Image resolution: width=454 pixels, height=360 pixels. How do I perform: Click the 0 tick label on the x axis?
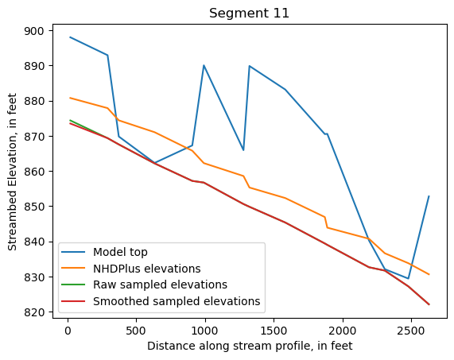click(67, 330)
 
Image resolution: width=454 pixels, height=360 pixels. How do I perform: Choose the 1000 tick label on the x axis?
click(204, 330)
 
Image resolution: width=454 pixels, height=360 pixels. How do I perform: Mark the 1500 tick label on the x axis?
click(274, 330)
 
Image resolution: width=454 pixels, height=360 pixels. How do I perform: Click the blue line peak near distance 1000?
click(204, 65)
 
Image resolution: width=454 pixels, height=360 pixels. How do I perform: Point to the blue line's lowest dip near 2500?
click(409, 279)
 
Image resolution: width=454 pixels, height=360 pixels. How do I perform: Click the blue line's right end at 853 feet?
click(429, 196)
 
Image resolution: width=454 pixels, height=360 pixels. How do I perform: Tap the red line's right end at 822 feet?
click(429, 304)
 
